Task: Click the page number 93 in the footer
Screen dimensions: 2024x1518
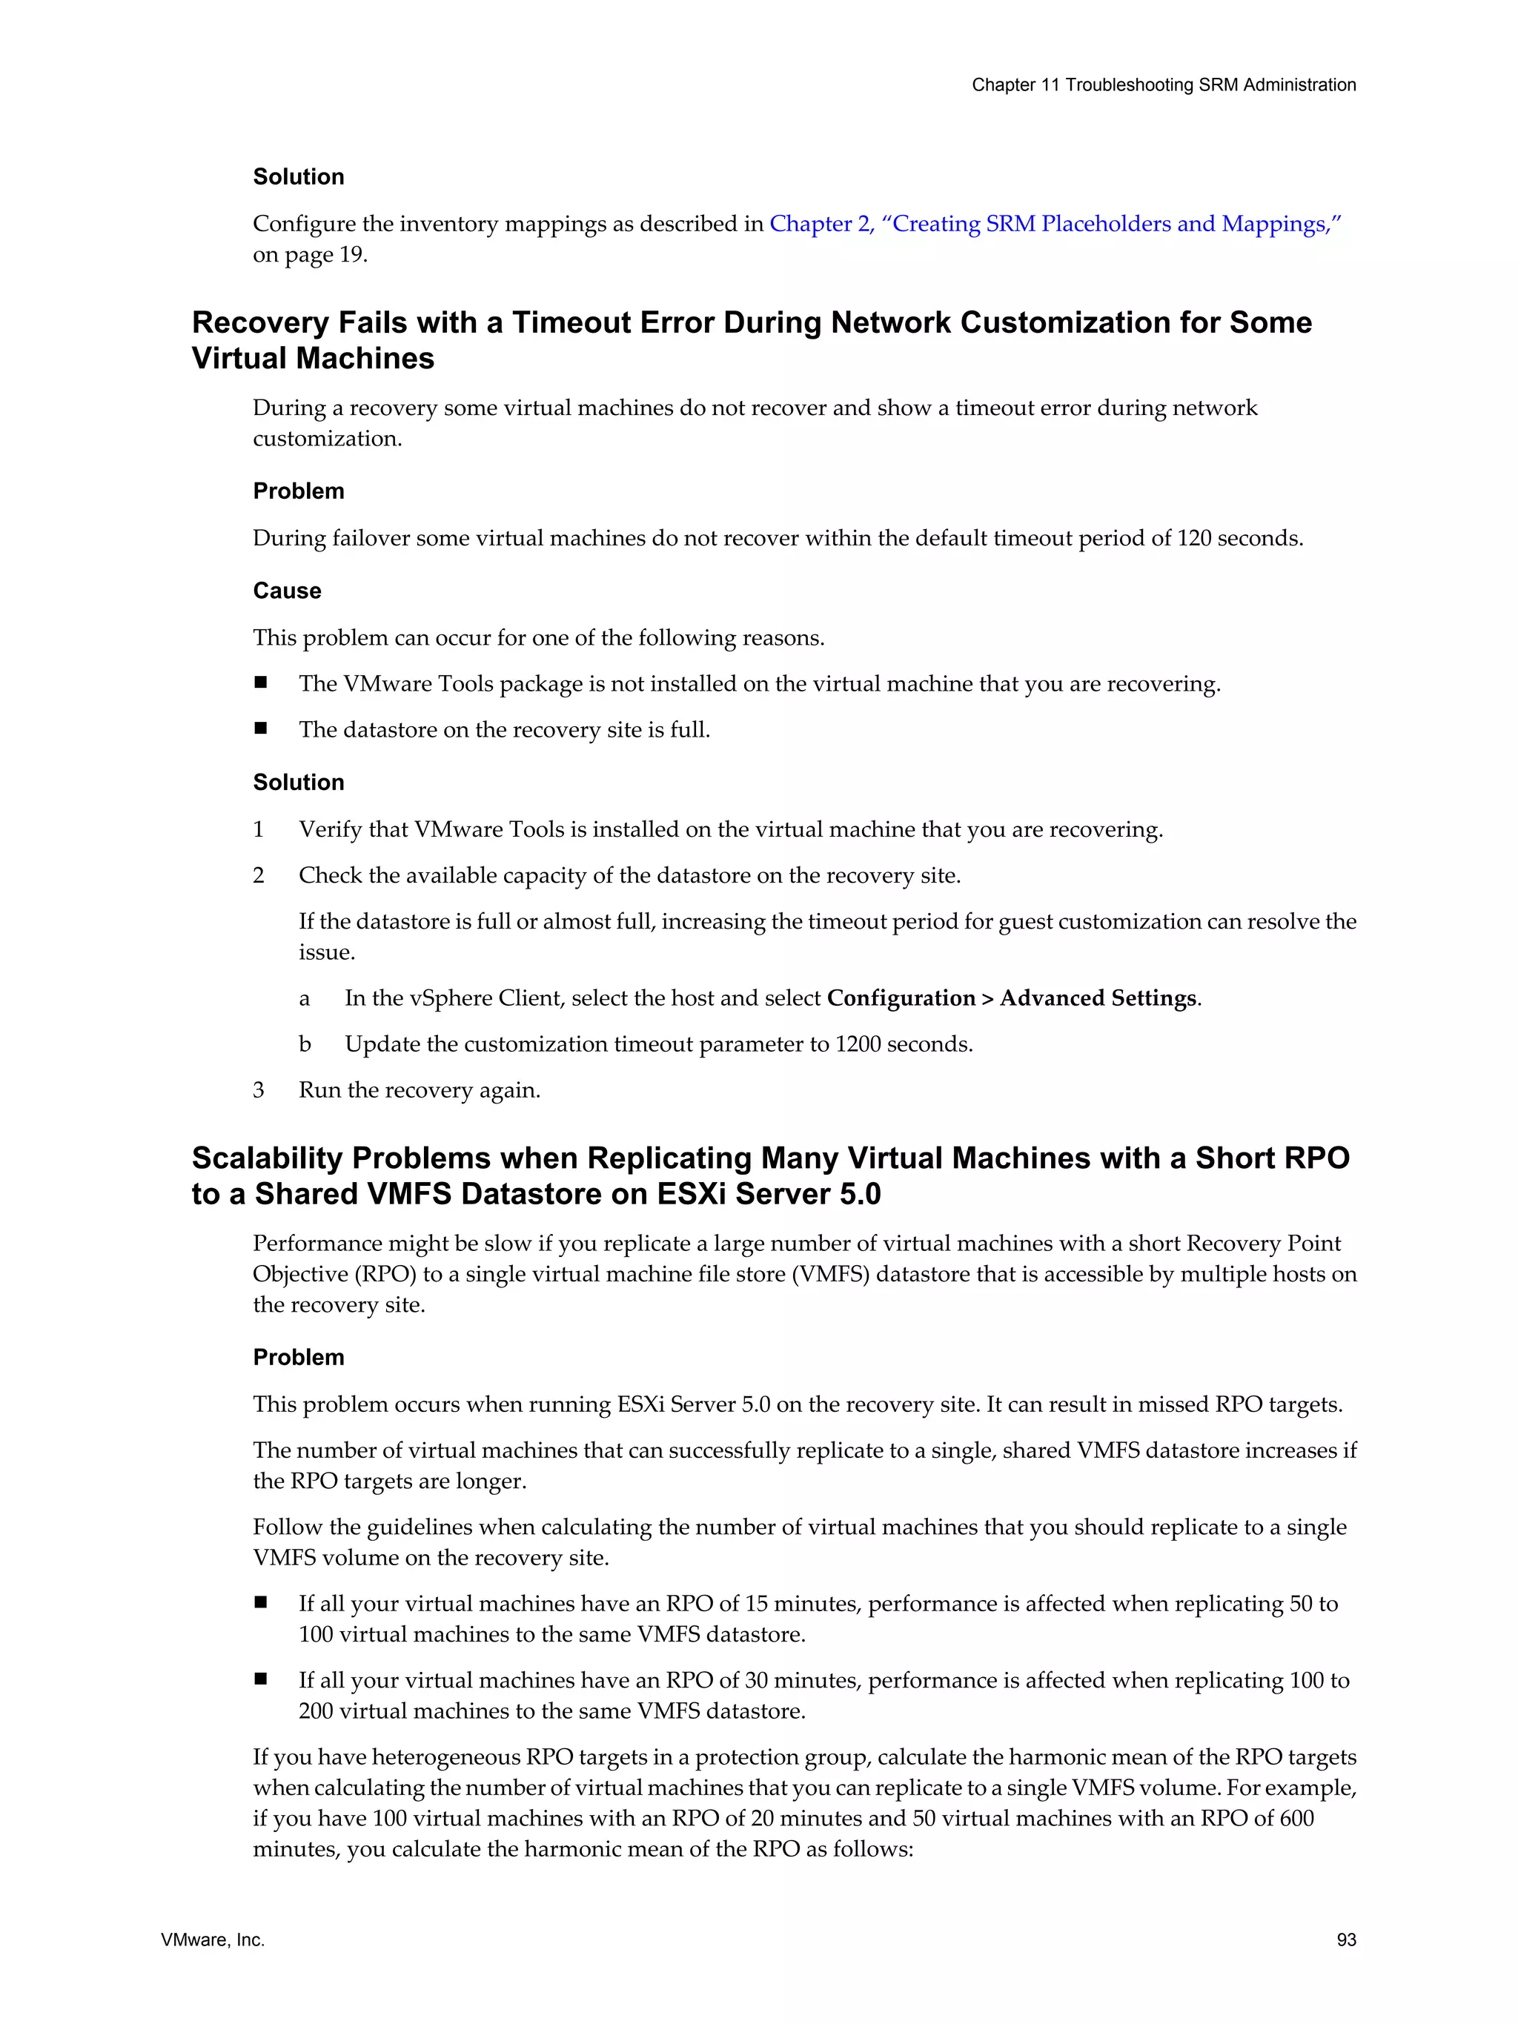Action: (x=1345, y=1939)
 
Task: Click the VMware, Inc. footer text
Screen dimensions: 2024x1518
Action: (x=212, y=1939)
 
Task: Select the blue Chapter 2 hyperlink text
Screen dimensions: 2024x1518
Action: (x=1055, y=224)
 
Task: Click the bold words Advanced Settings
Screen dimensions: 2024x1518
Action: (x=1097, y=998)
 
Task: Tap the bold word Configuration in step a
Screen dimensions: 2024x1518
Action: (x=901, y=998)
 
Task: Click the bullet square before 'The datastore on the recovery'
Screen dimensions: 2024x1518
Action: (x=261, y=729)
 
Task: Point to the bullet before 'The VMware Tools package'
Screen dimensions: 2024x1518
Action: (x=261, y=683)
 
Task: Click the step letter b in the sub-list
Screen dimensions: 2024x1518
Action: (x=305, y=1044)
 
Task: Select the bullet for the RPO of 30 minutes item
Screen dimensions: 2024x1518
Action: (x=261, y=1679)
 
